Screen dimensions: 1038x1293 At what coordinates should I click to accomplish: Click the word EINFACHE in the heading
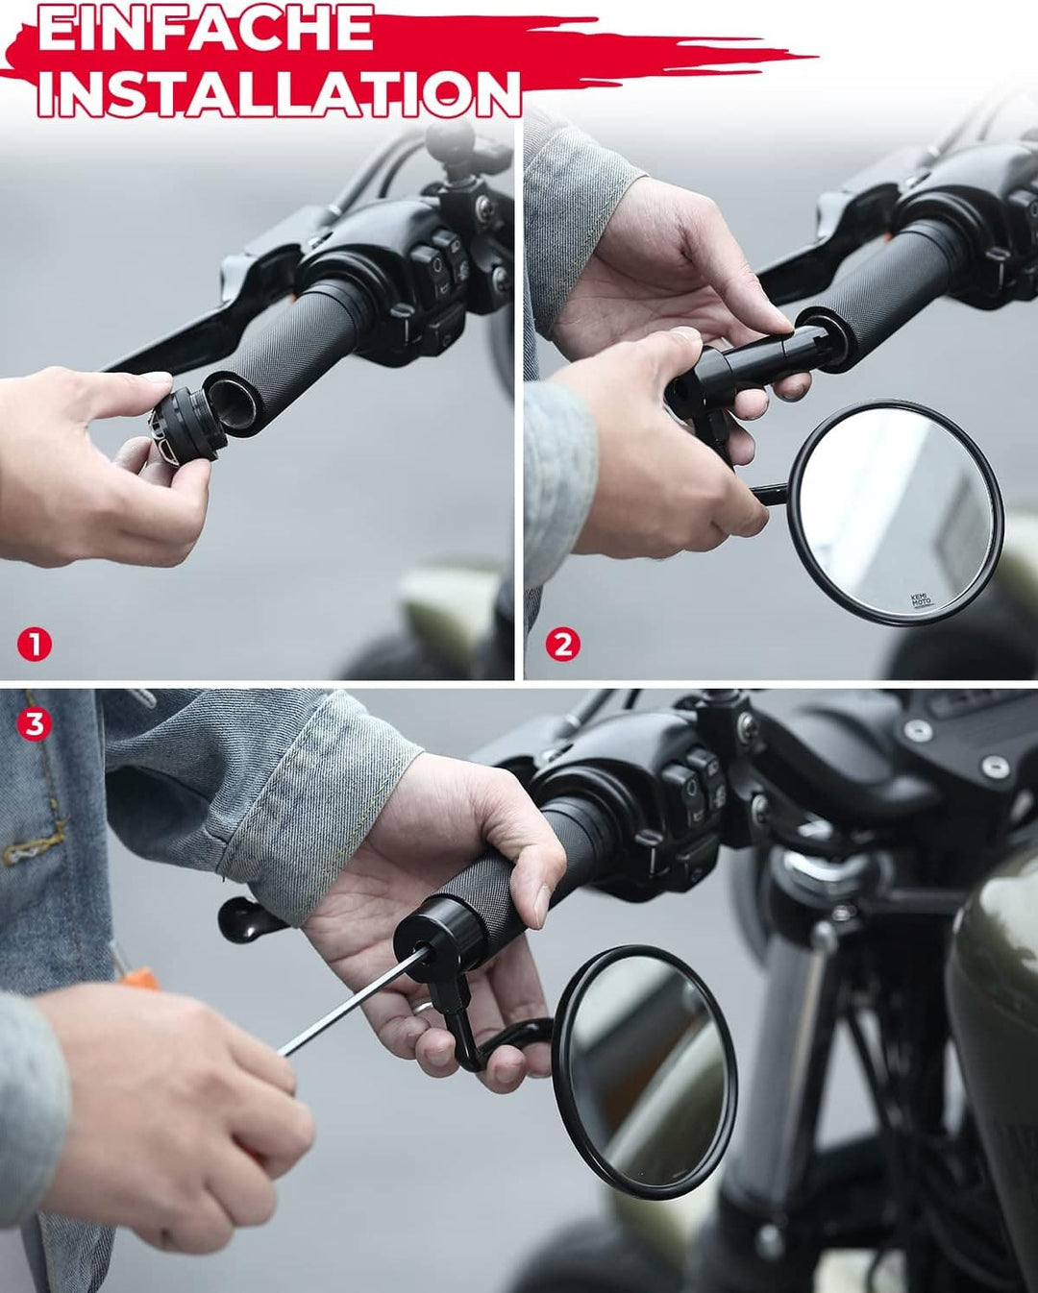pyautogui.click(x=206, y=28)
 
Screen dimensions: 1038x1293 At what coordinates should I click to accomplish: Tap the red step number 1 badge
pyautogui.click(x=35, y=645)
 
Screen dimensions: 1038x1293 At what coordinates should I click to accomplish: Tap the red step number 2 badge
pyautogui.click(x=562, y=645)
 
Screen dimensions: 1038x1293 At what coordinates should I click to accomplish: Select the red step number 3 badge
pyautogui.click(x=35, y=724)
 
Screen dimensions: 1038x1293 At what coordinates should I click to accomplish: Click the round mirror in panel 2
pyautogui.click(x=896, y=514)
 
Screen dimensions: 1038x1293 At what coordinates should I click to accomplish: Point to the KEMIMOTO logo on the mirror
pyautogui.click(x=920, y=600)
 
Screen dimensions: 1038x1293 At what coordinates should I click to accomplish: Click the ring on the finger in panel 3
pyautogui.click(x=423, y=1009)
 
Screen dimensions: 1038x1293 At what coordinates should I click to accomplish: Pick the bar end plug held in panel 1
pyautogui.click(x=187, y=426)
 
